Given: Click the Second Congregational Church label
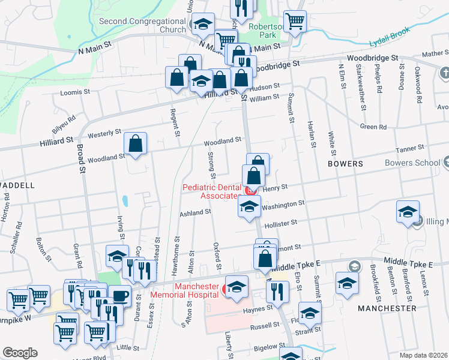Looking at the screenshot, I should [142, 25].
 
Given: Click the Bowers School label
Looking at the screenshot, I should [413, 163].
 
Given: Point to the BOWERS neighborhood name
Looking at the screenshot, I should [345, 163].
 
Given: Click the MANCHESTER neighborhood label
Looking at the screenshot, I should [387, 308].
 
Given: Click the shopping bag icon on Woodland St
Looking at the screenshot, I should [136, 143].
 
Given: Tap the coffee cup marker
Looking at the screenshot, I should [119, 296].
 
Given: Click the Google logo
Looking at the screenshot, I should [20, 353].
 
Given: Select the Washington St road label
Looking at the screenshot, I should [283, 205].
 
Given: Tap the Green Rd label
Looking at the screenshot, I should [373, 127].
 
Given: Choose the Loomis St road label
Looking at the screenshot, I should [75, 93].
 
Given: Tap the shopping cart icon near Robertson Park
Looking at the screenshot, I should [295, 21].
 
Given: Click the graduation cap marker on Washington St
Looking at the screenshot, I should [249, 206].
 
